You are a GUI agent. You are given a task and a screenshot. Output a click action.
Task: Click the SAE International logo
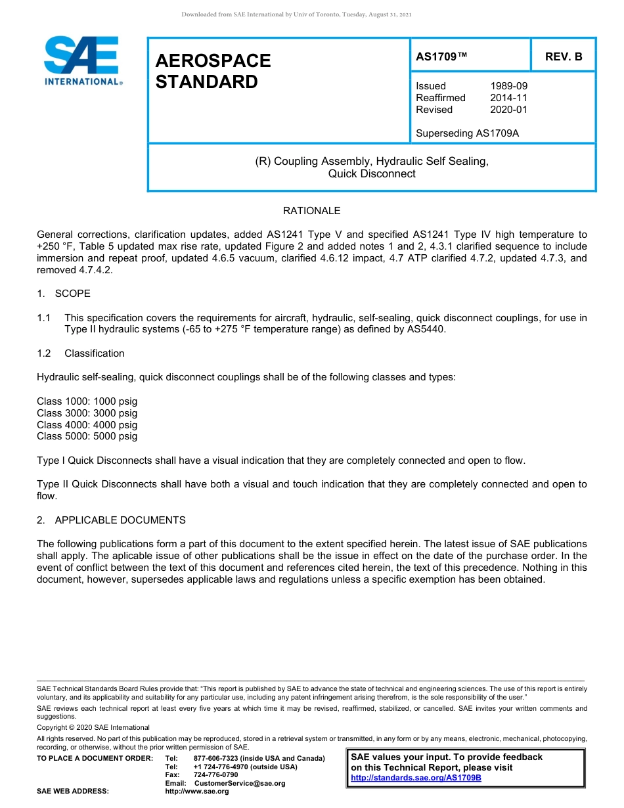[x=82, y=60]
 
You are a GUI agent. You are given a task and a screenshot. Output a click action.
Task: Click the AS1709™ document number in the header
[x=441, y=57]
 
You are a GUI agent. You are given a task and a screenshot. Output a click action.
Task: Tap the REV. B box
[x=564, y=57]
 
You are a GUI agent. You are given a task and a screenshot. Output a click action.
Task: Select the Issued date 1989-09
[x=508, y=86]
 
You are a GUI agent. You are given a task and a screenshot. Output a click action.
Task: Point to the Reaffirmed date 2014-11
[x=508, y=98]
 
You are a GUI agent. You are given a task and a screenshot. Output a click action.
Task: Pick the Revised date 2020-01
[x=508, y=110]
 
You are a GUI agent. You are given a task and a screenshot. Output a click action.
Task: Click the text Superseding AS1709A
[x=467, y=133]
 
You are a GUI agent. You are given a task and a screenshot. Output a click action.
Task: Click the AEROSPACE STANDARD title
[x=213, y=71]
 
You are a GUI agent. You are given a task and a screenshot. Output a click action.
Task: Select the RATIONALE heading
[x=311, y=211]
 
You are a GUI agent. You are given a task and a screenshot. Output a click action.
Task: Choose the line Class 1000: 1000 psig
[x=87, y=401]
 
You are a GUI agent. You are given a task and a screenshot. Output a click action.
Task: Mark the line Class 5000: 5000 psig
[x=87, y=437]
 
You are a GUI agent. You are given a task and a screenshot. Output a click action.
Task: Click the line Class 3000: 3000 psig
[x=87, y=413]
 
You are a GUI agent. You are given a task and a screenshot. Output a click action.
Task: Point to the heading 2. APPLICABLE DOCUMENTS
[x=111, y=520]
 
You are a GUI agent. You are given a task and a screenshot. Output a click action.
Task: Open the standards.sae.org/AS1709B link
[x=416, y=778]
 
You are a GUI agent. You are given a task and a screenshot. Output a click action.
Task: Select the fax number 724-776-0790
[x=216, y=774]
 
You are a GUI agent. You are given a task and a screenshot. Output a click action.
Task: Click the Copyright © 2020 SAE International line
[x=93, y=727]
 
